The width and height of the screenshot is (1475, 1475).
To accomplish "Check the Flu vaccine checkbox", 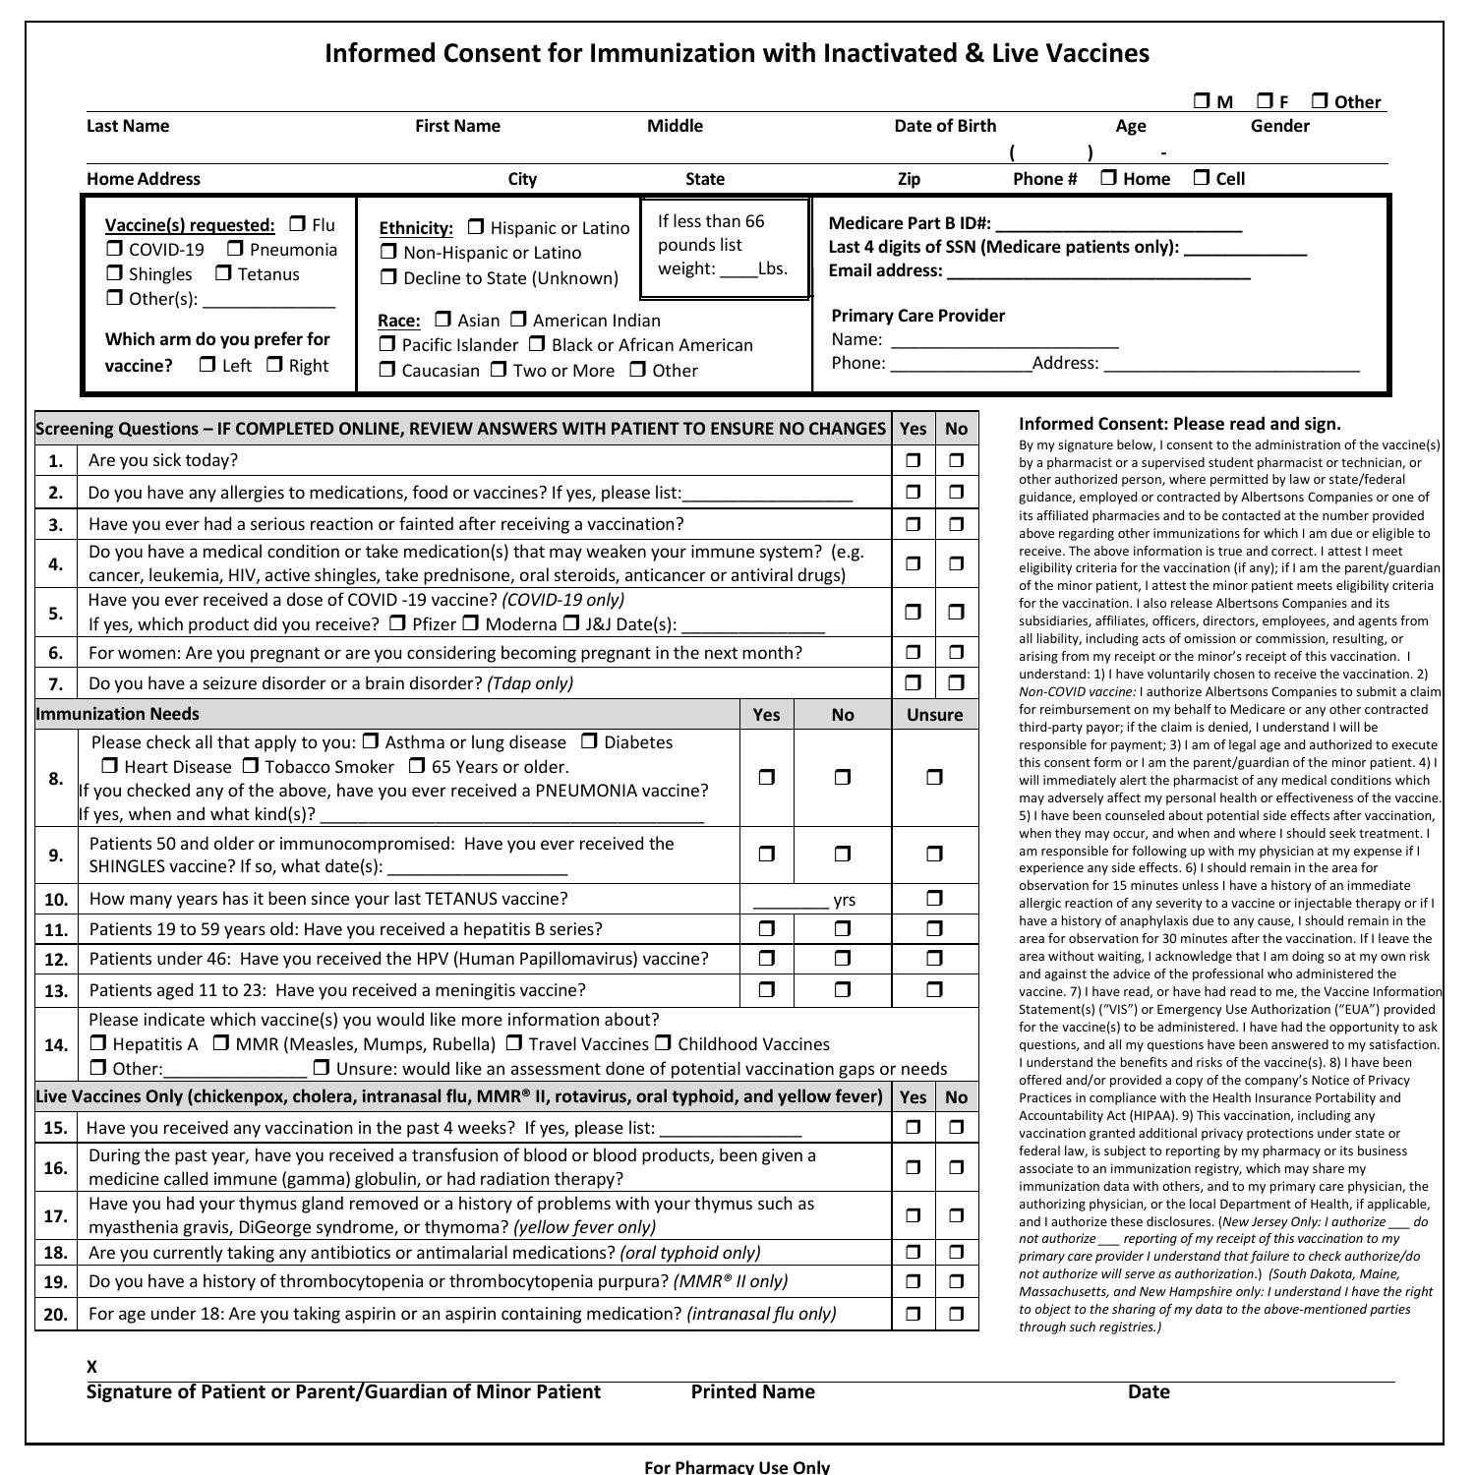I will (x=298, y=224).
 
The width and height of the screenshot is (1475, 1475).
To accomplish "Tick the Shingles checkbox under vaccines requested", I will (x=115, y=273).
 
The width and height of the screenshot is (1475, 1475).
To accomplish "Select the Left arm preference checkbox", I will (x=207, y=365).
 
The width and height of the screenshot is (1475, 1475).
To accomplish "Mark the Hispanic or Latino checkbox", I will (x=476, y=227).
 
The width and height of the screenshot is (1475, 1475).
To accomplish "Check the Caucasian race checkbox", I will (x=387, y=370).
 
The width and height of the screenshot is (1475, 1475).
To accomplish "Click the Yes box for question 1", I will (x=914, y=460).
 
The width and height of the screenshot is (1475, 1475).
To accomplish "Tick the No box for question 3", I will (x=956, y=524).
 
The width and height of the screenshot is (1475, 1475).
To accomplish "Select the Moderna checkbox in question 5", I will (x=471, y=623).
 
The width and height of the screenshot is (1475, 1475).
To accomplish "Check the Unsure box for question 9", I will (x=934, y=855).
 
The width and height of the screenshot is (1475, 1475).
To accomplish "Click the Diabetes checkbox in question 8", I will (x=589, y=741).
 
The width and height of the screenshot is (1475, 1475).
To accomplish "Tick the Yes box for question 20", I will (x=914, y=1314).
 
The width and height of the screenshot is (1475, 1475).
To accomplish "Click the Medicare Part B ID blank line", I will (x=1118, y=224).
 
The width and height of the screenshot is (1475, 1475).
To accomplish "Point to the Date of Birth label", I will (x=944, y=126).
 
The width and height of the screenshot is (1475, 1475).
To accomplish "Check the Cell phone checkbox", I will (x=1202, y=178).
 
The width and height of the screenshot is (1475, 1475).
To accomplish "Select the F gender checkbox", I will (x=1266, y=101).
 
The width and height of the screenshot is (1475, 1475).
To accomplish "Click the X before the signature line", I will (x=91, y=1366).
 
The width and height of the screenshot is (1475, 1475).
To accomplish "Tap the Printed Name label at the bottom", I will (x=752, y=1391).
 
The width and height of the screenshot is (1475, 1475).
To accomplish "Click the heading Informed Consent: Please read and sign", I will (x=1179, y=424).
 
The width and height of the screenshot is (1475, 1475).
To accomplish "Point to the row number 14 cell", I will (x=56, y=1044).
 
